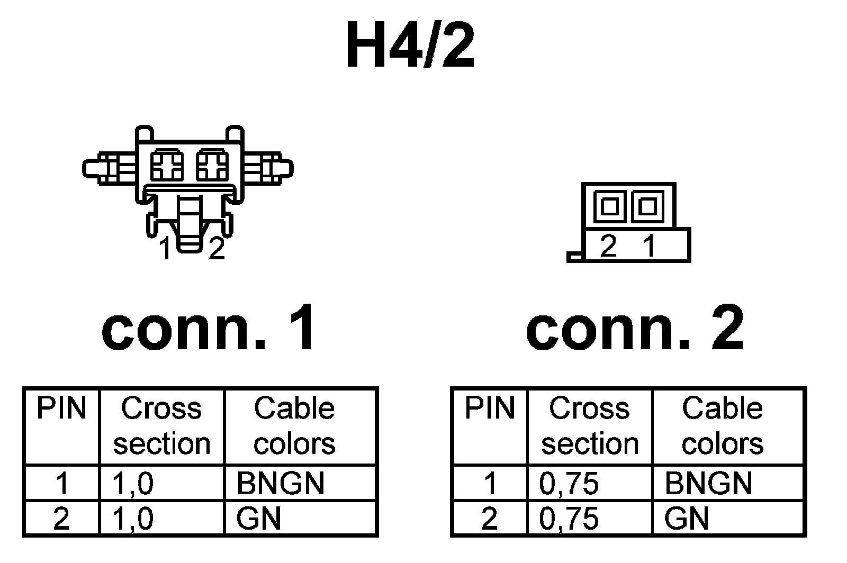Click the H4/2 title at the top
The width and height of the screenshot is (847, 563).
(x=410, y=47)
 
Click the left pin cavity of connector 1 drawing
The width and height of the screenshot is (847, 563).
(x=167, y=165)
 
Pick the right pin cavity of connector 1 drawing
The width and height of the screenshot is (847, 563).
(x=212, y=165)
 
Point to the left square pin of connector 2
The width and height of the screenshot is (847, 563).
(x=610, y=206)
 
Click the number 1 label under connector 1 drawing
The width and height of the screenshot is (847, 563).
(x=166, y=249)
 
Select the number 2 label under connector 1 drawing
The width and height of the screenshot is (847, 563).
(x=217, y=249)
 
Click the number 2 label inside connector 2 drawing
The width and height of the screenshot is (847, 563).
(x=609, y=246)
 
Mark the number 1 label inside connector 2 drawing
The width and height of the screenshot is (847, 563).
(x=649, y=246)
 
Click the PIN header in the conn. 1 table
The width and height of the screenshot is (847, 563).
(x=61, y=408)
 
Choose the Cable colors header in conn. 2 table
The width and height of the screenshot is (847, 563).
(x=722, y=426)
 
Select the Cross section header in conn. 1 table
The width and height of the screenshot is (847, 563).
(x=161, y=426)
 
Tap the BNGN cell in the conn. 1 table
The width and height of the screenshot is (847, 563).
(x=280, y=483)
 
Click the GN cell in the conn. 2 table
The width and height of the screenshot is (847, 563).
(x=686, y=519)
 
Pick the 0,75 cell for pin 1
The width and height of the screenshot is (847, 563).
(x=569, y=483)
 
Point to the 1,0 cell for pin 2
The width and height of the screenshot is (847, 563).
(x=133, y=519)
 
